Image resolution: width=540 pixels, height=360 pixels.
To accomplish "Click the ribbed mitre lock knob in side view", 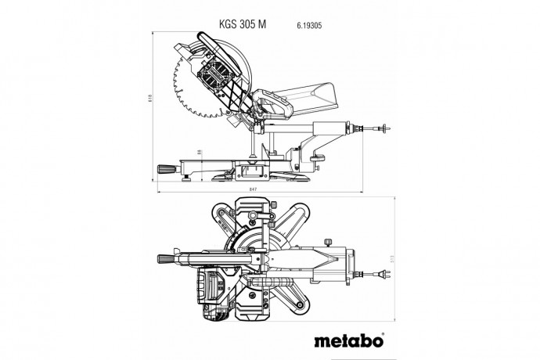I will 165,167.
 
